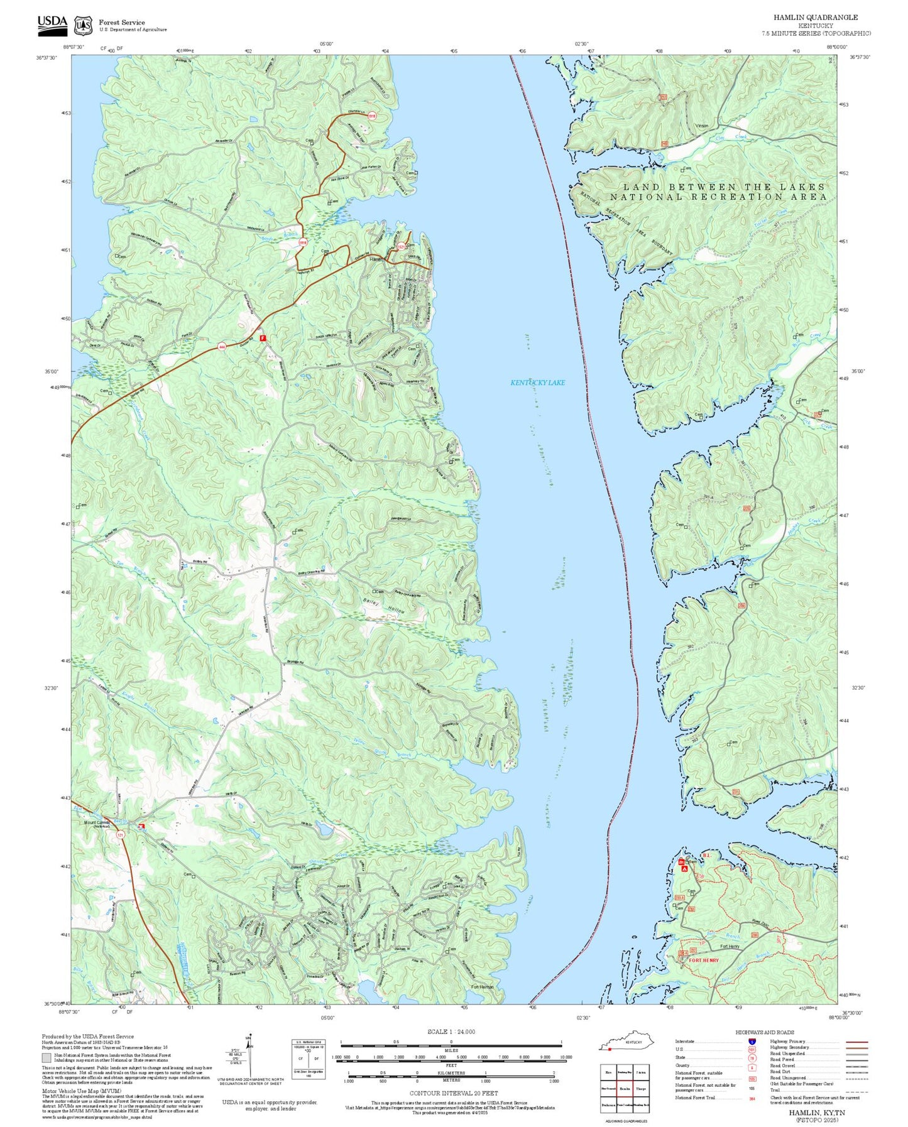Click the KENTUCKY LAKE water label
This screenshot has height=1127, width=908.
537,383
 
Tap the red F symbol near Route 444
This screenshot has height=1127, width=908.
263,338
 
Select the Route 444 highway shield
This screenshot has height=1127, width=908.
222,346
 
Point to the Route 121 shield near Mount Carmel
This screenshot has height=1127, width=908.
120,835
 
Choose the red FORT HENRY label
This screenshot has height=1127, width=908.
704,961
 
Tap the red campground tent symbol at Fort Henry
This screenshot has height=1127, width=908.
684,869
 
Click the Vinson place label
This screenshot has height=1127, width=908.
701,126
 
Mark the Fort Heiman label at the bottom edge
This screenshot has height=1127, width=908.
483,987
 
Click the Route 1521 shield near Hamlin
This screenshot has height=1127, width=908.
401,247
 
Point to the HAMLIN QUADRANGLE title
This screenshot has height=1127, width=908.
815,17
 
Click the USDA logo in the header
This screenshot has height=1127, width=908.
52,22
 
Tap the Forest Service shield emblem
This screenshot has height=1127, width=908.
83,25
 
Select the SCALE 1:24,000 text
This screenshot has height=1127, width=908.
451,1032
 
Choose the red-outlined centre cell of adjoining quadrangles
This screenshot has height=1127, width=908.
625,1089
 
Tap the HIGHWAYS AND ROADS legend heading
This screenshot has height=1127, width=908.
765,1032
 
